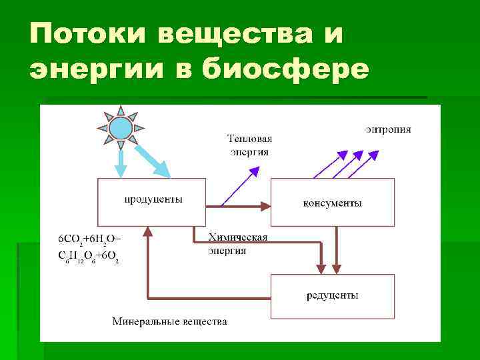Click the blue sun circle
click(x=121, y=127)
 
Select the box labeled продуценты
click(x=152, y=201)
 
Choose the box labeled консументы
click(x=332, y=202)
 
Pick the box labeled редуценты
click(x=332, y=295)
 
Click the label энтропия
click(x=388, y=129)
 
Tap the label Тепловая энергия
click(x=250, y=145)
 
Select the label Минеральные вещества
click(x=169, y=321)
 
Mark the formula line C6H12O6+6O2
click(x=89, y=257)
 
